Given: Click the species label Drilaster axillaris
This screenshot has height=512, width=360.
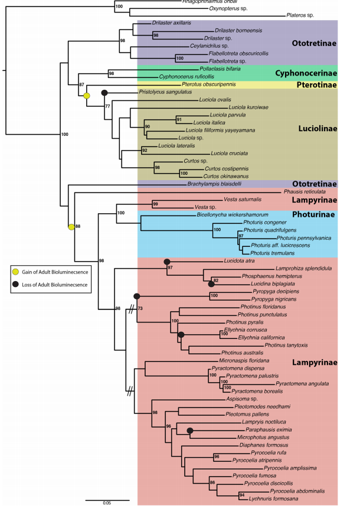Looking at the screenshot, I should (x=172, y=22).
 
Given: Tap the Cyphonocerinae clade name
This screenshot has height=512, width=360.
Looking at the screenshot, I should (x=306, y=74).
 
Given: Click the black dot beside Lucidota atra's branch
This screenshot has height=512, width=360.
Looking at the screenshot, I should (x=166, y=261).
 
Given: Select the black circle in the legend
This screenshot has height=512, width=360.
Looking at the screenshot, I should (x=17, y=284).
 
